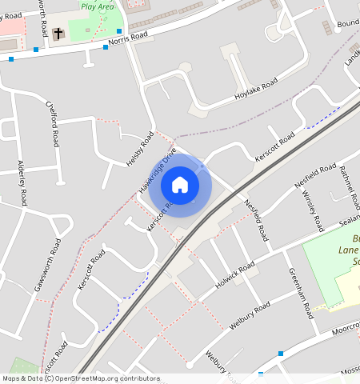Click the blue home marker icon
pyautogui.click(x=180, y=185)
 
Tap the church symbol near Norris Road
pyautogui.click(x=58, y=34)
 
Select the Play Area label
pyautogui.click(x=97, y=6)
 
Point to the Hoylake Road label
pyautogui.click(x=256, y=87)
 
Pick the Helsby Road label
pyautogui.click(x=140, y=150)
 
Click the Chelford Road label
pyautogui.click(x=53, y=124)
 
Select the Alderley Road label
pyautogui.click(x=22, y=183)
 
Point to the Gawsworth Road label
pyautogui.click(x=47, y=265)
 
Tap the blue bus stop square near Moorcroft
pyautogui.click(x=281, y=353)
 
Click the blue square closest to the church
pyautogui.click(x=36, y=50)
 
